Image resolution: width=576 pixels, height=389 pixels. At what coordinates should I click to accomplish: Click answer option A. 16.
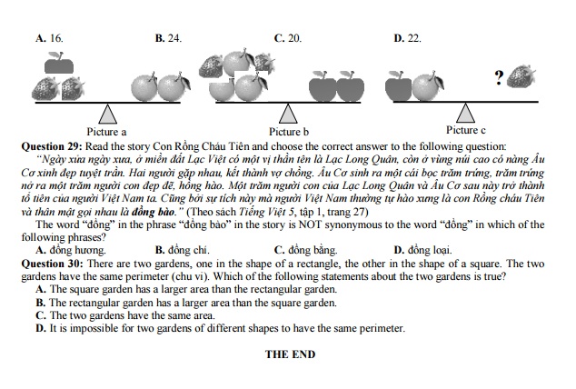tap(49, 39)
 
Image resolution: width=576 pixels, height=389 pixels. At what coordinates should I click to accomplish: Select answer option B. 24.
tap(169, 39)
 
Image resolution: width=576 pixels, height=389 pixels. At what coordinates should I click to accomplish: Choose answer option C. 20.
tap(288, 39)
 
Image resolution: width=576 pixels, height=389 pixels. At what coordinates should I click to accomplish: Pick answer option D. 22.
tap(407, 39)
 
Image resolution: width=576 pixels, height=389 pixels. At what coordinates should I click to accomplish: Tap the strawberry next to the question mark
tap(521, 76)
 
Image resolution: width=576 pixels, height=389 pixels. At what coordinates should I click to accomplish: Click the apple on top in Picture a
tap(60, 63)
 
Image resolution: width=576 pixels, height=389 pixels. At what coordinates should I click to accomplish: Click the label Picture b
tap(289, 132)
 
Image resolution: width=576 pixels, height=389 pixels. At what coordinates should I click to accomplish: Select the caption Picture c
tap(465, 130)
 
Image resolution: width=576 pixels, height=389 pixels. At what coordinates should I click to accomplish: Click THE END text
tap(290, 354)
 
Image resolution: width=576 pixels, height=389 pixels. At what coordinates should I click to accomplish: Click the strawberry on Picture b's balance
tap(211, 65)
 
